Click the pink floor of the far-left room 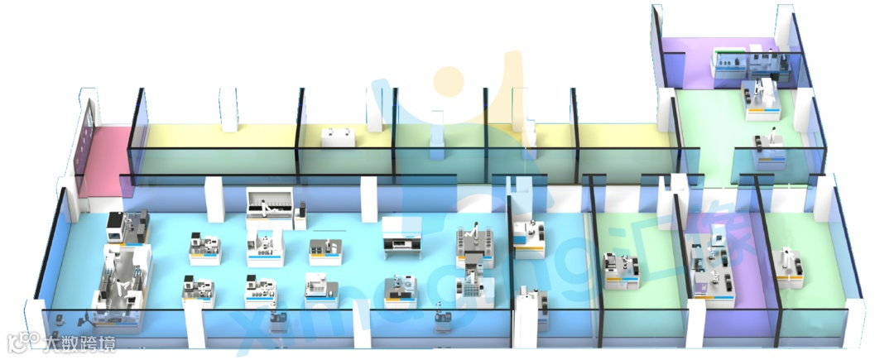coord(104,157)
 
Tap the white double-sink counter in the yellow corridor coord(339,137)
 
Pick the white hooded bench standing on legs coord(401,233)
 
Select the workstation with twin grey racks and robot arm coord(474,242)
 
